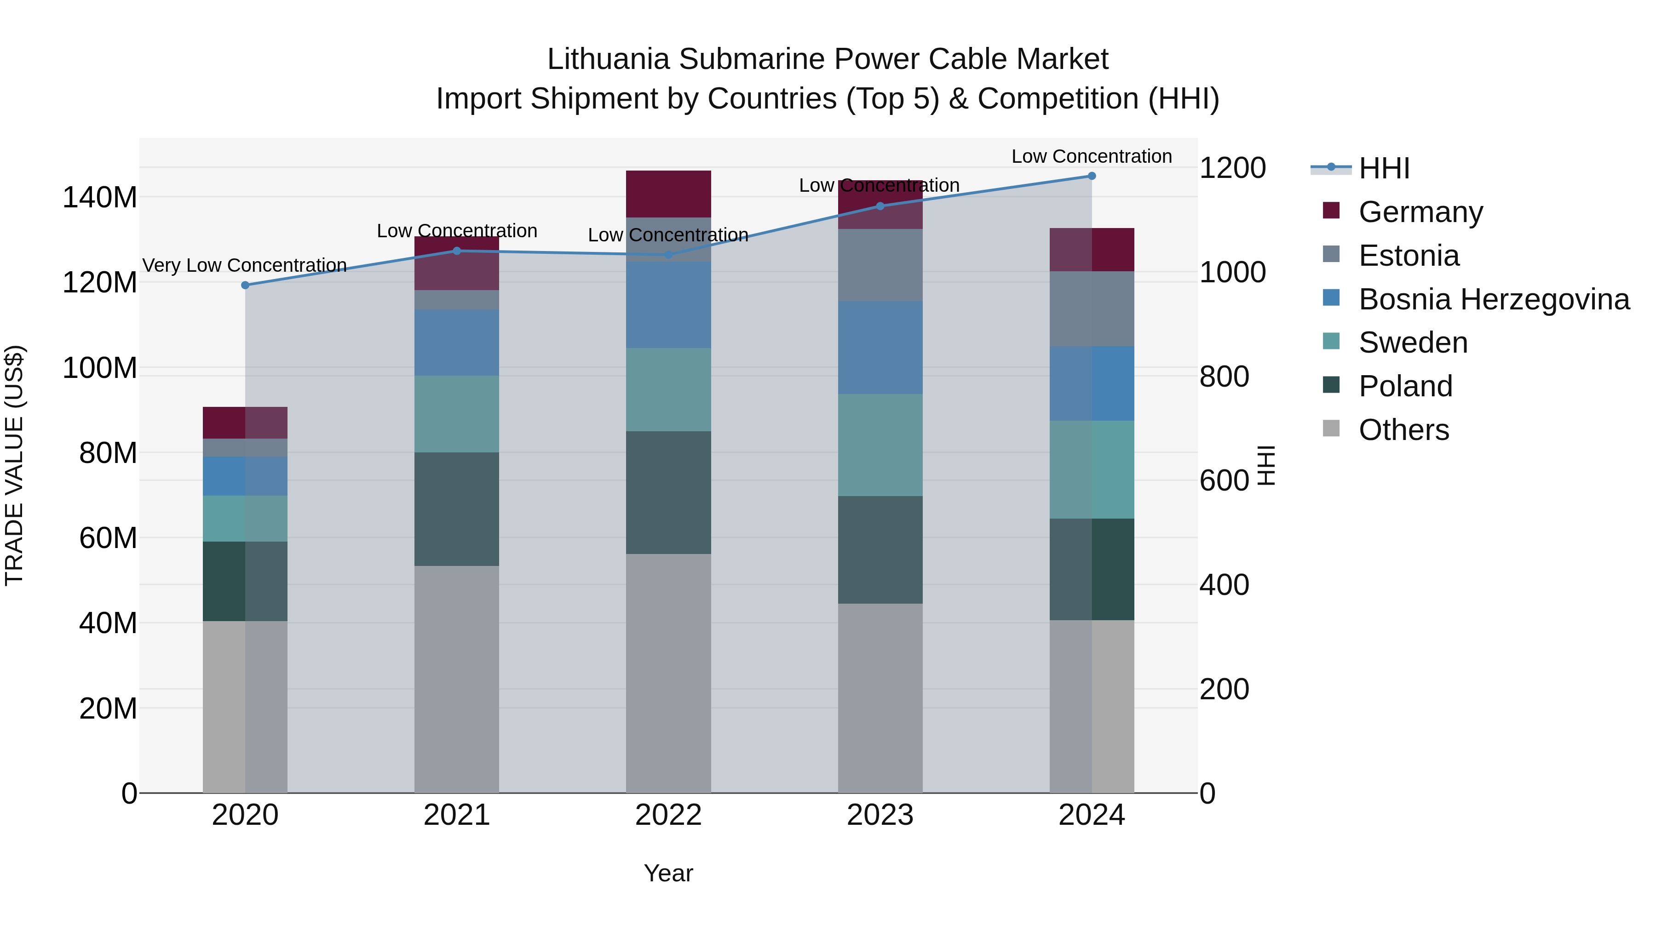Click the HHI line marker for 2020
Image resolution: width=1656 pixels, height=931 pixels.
pyautogui.click(x=245, y=285)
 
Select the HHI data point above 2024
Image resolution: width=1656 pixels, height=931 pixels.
pyautogui.click(x=1092, y=176)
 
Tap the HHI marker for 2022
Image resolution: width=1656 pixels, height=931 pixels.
pyautogui.click(x=668, y=255)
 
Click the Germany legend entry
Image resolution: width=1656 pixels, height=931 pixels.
pyautogui.click(x=1421, y=212)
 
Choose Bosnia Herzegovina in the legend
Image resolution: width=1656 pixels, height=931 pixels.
pyautogui.click(x=1493, y=299)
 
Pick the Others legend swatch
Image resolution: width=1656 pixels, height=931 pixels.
pyautogui.click(x=1331, y=428)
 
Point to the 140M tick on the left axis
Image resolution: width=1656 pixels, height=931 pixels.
pyautogui.click(x=100, y=197)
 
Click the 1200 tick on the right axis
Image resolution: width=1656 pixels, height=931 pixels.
pyautogui.click(x=1232, y=168)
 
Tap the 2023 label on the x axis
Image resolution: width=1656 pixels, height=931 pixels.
pyautogui.click(x=880, y=815)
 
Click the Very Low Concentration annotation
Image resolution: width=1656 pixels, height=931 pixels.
pyautogui.click(x=244, y=265)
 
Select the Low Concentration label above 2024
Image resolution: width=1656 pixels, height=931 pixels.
pyautogui.click(x=1092, y=156)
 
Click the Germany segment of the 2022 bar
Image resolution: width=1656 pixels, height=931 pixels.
pyautogui.click(x=668, y=194)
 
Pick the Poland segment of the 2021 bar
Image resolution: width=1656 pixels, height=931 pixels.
pyautogui.click(x=456, y=509)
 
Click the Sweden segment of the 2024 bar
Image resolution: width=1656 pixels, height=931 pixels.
pyautogui.click(x=1092, y=470)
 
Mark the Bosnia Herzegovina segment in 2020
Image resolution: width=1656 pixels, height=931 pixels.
pyautogui.click(x=245, y=476)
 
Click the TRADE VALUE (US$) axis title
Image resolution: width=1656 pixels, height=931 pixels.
pyautogui.click(x=14, y=465)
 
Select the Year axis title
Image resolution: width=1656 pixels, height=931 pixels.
pyautogui.click(x=668, y=873)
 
